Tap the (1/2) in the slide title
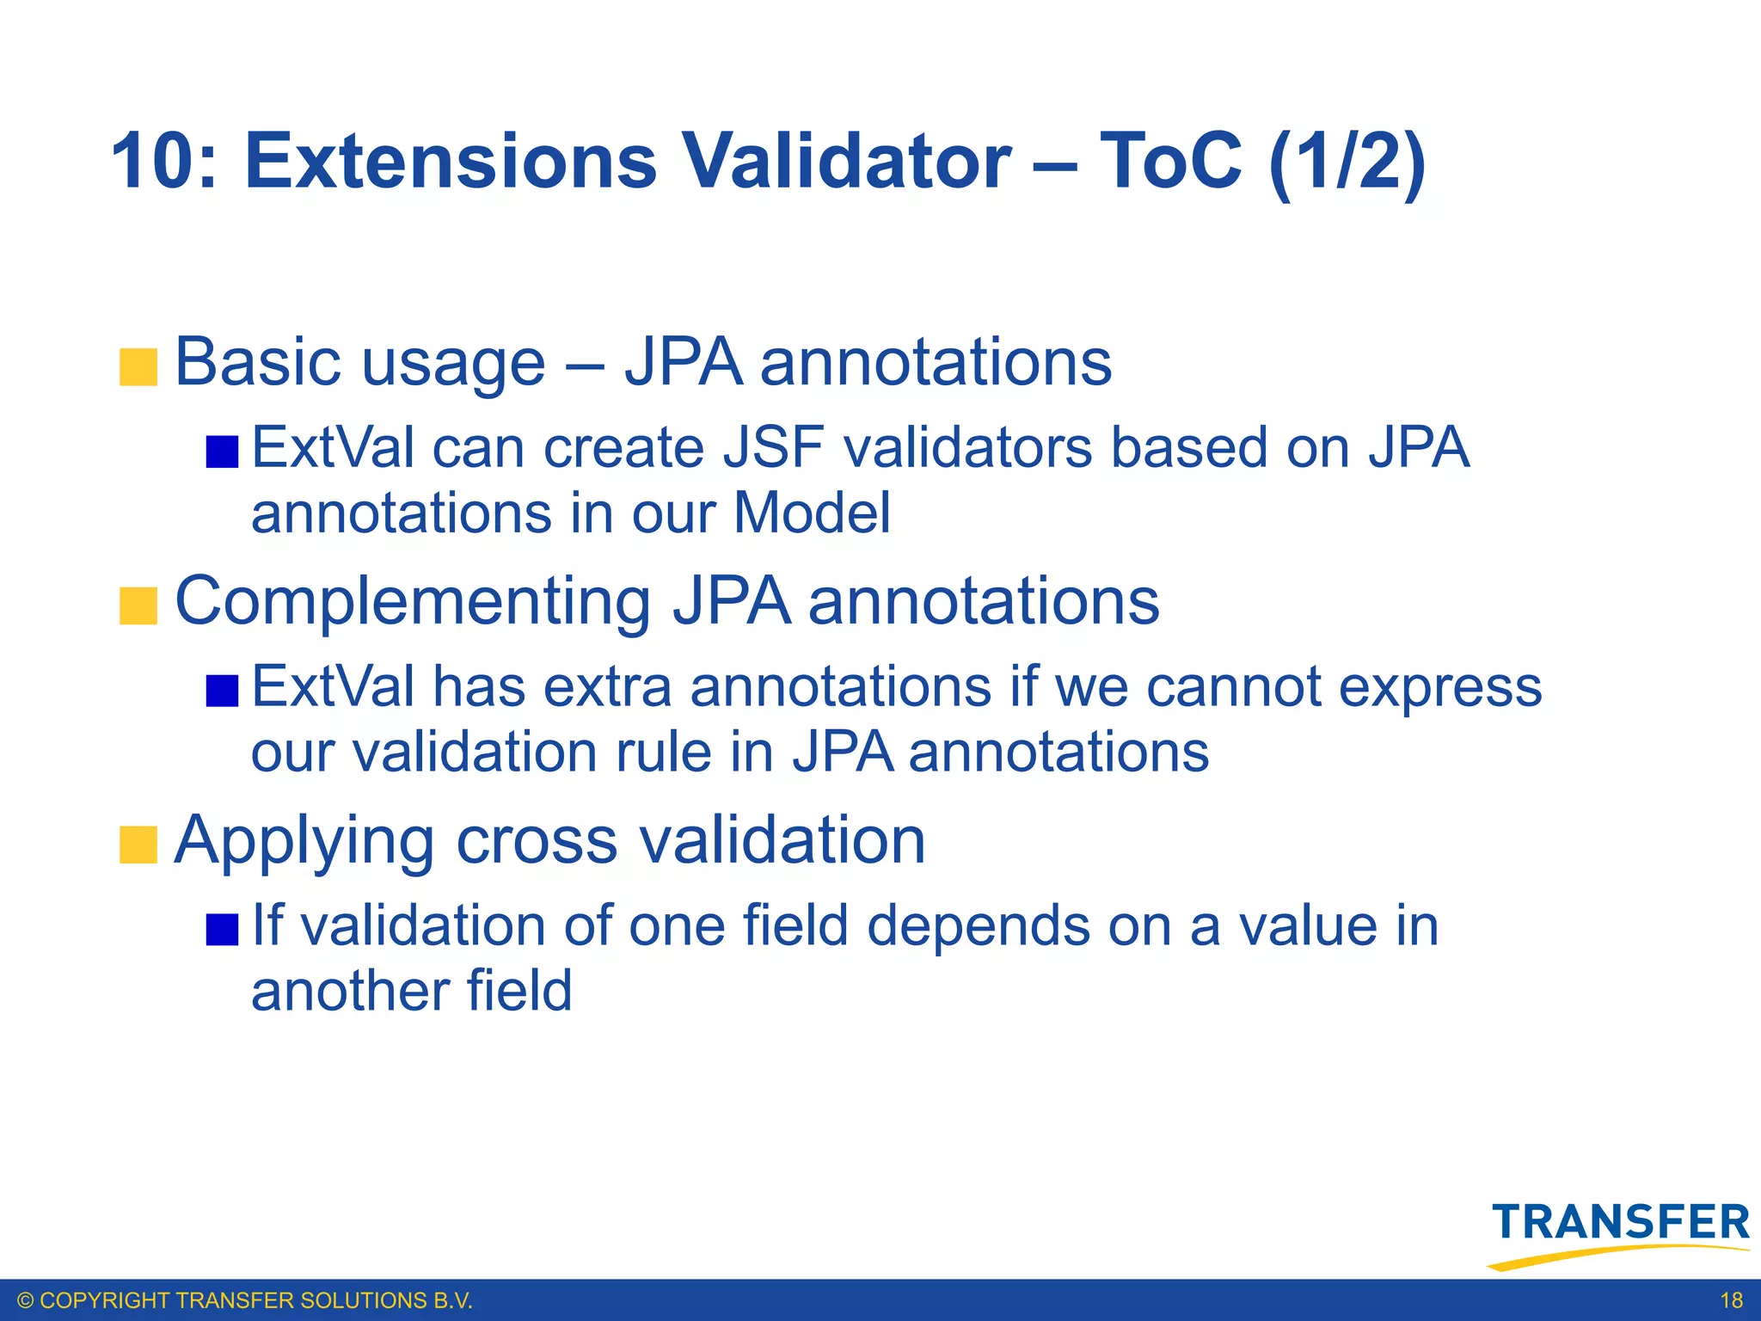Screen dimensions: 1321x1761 pos(1347,162)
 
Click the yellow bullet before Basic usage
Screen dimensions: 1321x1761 pos(138,367)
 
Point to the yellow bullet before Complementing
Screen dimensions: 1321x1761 pos(138,605)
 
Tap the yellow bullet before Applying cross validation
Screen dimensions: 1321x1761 pos(138,845)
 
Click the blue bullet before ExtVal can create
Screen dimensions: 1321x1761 pos(222,452)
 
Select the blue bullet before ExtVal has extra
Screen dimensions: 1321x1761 pos(222,691)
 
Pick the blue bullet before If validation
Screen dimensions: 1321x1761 pos(222,929)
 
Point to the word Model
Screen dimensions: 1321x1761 pos(812,514)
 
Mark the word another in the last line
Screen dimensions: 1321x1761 pos(347,991)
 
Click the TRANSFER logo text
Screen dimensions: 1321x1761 pos(1621,1223)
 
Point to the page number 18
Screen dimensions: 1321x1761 pos(1731,1300)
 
